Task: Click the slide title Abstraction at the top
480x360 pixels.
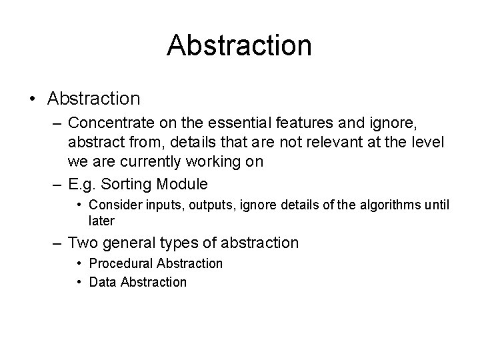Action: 239,45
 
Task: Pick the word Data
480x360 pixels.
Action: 103,282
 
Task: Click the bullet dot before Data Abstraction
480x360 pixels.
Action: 81,282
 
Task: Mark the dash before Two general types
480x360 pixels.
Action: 58,243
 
